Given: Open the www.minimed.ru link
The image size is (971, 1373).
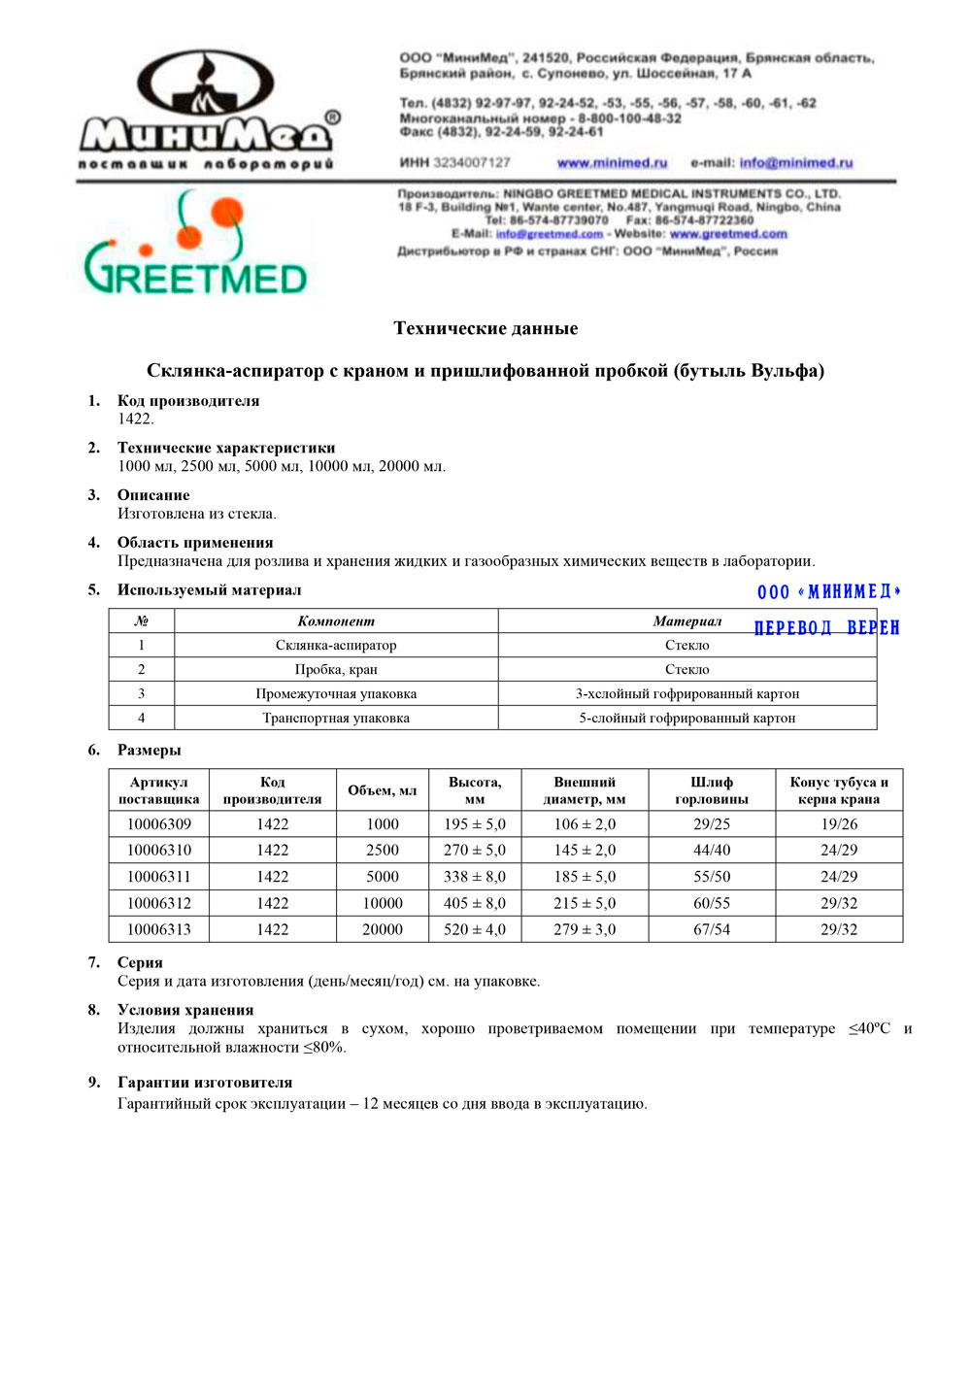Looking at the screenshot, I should tap(612, 163).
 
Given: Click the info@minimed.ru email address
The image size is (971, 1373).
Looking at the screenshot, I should tap(795, 163).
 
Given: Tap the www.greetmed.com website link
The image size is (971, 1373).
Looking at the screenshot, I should tap(728, 234).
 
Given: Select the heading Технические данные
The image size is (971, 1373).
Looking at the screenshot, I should tap(485, 328).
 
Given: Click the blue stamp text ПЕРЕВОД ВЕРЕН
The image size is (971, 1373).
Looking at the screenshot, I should tap(826, 628).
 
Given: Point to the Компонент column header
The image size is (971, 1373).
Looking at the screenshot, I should tap(336, 621).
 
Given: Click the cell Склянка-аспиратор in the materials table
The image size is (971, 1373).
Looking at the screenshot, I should tap(336, 646).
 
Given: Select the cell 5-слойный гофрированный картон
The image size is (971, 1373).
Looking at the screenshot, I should tap(686, 719).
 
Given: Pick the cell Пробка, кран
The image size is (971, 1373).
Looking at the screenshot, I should tap(336, 670).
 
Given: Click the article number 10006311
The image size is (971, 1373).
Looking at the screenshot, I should tap(159, 877).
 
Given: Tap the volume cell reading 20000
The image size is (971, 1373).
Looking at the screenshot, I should tap(383, 930).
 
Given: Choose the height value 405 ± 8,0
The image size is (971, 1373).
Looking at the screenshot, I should tap(475, 903).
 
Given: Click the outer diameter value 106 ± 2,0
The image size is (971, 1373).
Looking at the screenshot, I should tap(585, 824).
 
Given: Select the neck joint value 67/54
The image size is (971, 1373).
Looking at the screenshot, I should tap(712, 930).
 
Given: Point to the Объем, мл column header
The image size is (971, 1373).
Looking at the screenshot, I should tap(383, 790).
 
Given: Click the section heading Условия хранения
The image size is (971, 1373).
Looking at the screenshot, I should tap(185, 1011).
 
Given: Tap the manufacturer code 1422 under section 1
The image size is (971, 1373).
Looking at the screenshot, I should tap(135, 419).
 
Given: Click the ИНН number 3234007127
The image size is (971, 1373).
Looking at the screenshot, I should tap(471, 163).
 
